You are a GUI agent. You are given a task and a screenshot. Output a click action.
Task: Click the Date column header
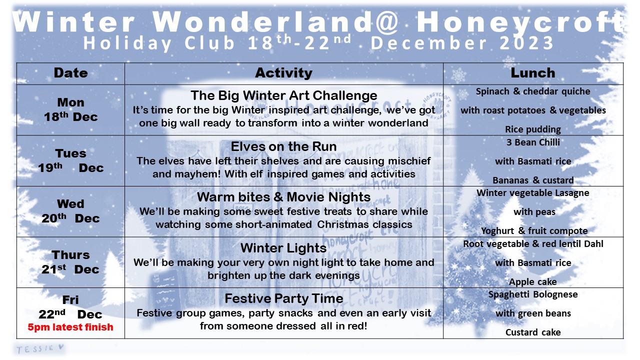click(71, 73)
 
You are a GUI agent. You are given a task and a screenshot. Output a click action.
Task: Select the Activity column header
click(283, 73)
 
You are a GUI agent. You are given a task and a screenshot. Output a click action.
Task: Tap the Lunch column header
click(533, 73)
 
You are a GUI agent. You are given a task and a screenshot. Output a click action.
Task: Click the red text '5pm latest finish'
click(70, 327)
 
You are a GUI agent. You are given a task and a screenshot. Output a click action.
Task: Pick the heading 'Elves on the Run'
click(283, 146)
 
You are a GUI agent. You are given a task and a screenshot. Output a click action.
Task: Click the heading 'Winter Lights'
click(283, 247)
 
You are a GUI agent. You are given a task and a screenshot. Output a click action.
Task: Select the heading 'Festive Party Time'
click(283, 298)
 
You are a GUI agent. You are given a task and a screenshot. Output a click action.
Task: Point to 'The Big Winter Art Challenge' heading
click(283, 95)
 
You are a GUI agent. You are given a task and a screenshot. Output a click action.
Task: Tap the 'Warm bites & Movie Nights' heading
click(283, 197)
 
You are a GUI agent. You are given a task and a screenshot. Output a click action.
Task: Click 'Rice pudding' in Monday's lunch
click(533, 129)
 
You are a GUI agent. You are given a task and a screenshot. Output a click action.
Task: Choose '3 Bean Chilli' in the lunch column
click(533, 142)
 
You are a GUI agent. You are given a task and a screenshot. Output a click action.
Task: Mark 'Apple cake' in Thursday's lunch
click(533, 282)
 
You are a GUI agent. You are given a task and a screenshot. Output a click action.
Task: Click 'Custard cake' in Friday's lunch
click(533, 332)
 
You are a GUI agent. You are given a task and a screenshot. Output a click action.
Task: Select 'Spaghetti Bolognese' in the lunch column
click(533, 294)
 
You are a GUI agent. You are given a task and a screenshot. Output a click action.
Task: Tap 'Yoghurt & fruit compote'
click(534, 231)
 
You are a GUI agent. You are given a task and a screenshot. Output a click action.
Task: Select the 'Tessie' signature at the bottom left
click(40, 348)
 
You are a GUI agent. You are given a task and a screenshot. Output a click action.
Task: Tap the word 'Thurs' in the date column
click(70, 255)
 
